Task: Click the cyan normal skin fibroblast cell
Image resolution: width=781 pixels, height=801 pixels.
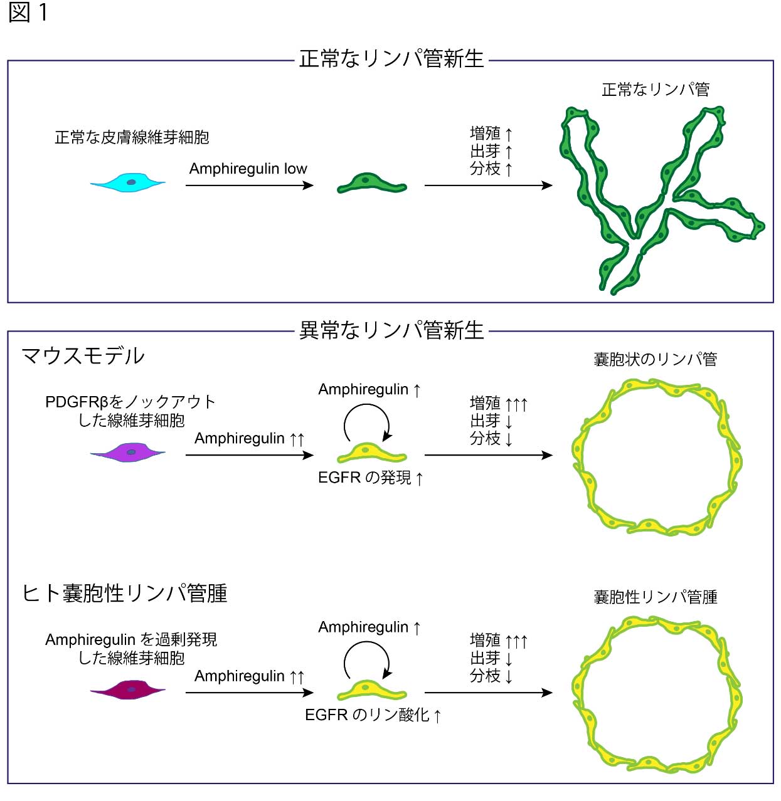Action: (128, 182)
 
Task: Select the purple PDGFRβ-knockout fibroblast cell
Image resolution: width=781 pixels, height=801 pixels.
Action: (128, 452)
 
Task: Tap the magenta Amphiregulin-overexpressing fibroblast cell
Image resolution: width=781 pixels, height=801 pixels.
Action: (128, 689)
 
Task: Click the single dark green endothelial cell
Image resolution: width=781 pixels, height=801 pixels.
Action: (371, 183)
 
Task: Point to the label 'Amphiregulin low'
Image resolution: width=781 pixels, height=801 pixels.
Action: (248, 169)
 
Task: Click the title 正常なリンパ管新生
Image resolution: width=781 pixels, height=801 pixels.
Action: (391, 59)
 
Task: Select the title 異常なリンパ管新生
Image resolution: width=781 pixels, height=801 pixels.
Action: (391, 330)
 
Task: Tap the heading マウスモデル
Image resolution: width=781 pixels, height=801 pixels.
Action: (83, 356)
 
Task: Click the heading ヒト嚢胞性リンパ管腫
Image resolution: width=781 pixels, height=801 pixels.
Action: (124, 593)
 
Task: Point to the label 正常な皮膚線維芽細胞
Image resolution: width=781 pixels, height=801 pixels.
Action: (132, 137)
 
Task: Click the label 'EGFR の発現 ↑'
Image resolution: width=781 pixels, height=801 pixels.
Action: (370, 478)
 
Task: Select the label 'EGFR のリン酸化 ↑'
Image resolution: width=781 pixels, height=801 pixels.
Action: (373, 715)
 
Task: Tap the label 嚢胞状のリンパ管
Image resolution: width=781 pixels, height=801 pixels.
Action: (655, 359)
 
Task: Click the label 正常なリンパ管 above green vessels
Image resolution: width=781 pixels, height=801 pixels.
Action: (655, 90)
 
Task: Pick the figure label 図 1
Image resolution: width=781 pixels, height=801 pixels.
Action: (28, 13)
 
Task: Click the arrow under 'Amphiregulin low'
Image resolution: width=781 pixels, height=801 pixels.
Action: (249, 185)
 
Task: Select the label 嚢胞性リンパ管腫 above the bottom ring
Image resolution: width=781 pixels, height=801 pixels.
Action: (655, 597)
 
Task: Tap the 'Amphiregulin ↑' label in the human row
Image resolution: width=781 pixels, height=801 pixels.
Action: (369, 627)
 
